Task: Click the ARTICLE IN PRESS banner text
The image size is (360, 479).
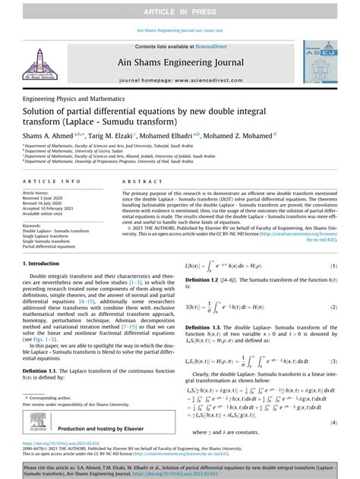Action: click(179, 11)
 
